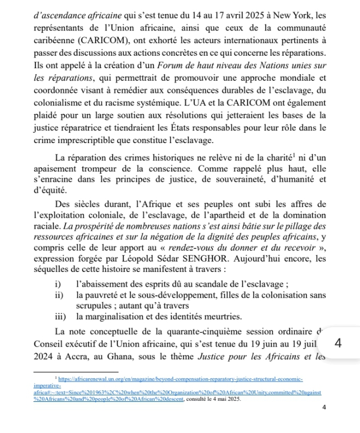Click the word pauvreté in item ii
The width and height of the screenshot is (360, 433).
click(104, 295)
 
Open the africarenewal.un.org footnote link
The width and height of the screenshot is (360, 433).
click(180, 379)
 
